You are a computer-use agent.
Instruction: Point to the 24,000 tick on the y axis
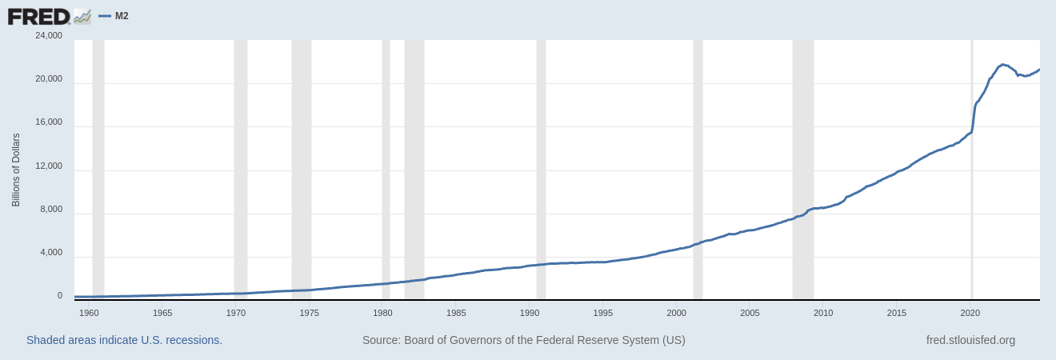tap(49, 35)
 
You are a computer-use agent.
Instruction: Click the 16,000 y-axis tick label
tap(49, 122)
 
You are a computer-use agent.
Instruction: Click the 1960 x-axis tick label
tap(89, 313)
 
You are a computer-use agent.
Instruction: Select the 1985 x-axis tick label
tap(456, 313)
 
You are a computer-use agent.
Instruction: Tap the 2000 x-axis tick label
tap(677, 313)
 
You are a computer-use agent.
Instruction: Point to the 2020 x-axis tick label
tap(970, 313)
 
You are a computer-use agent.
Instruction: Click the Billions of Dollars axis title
tap(16, 170)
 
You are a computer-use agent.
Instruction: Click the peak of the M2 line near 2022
tap(1003, 64)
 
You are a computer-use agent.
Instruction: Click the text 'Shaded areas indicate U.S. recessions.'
tap(124, 340)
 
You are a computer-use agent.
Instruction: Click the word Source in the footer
tap(381, 340)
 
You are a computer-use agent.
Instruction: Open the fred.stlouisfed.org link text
tap(970, 340)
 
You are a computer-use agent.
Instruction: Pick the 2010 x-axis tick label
tap(823, 313)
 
